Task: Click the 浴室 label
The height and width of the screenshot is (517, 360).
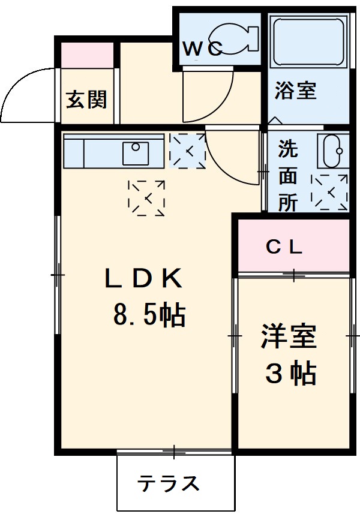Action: [295, 91]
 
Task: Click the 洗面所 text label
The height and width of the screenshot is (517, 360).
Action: [288, 176]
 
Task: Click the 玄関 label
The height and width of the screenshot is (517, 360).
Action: [86, 100]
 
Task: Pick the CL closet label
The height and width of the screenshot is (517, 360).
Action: [284, 247]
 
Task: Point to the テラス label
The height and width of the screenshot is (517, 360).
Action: [168, 483]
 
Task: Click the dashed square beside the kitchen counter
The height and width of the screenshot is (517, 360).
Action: [187, 150]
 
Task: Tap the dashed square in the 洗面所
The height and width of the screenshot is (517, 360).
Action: [329, 193]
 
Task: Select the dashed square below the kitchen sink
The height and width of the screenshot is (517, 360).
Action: [146, 197]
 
